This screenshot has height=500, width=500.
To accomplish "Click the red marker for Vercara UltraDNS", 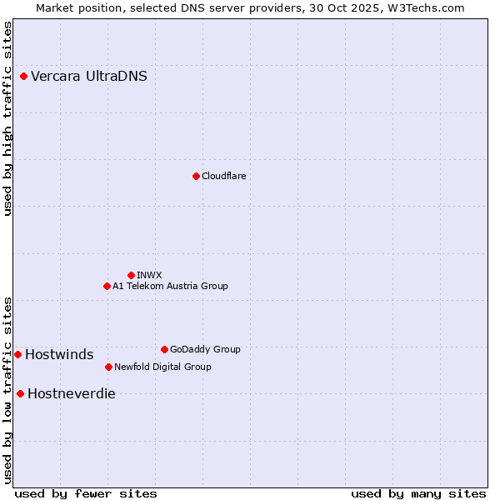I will (x=23, y=77).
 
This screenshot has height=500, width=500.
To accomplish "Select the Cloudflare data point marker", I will (x=196, y=176).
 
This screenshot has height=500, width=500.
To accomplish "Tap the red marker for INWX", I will (x=131, y=275).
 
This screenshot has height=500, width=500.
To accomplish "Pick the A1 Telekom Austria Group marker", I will (x=107, y=286).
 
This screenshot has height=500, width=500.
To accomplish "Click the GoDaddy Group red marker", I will (x=164, y=349).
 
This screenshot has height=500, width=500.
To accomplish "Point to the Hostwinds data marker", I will (x=17, y=354).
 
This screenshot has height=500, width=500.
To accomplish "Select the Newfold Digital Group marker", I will (x=108, y=367).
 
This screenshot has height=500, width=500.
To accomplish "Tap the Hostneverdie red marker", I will (x=20, y=393).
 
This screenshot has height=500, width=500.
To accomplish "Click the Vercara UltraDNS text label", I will (x=89, y=77).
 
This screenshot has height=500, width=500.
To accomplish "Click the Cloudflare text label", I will (x=223, y=176).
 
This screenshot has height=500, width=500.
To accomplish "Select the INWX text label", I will (x=149, y=275).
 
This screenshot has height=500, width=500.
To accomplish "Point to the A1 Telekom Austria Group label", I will (x=170, y=286).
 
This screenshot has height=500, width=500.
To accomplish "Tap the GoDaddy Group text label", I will (x=205, y=349).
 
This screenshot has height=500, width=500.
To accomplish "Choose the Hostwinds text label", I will (x=59, y=355).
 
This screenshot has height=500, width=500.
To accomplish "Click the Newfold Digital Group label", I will (x=162, y=367).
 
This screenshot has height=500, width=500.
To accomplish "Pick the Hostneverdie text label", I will (x=72, y=394).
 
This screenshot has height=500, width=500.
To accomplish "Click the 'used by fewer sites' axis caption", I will (x=86, y=493).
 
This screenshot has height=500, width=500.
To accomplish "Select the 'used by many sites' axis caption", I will (x=418, y=493).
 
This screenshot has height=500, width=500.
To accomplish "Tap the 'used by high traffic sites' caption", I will (x=8, y=118).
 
